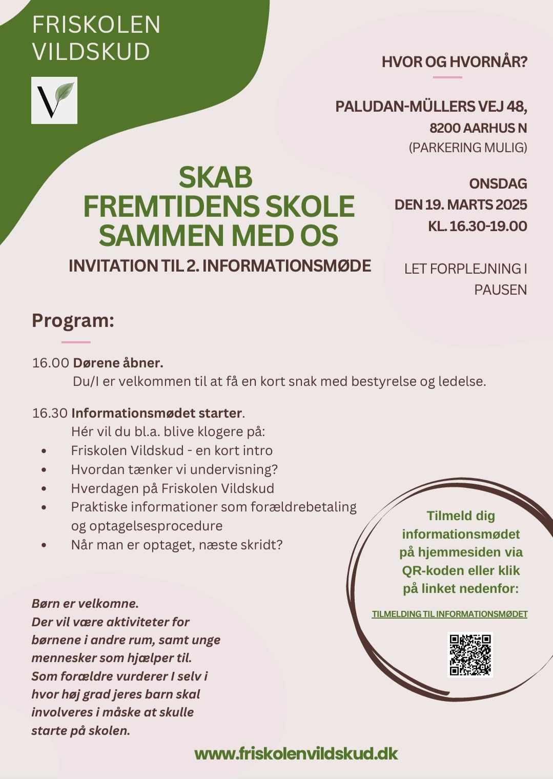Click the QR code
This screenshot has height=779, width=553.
(470, 654)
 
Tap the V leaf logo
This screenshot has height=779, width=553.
(54, 100)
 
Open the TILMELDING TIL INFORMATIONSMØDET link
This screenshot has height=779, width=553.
(449, 614)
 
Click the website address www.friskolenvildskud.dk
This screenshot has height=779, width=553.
(296, 753)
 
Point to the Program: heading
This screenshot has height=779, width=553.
(73, 321)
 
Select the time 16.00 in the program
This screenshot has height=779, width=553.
(50, 363)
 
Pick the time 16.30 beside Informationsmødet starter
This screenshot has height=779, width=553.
(50, 413)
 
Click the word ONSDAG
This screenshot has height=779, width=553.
(498, 183)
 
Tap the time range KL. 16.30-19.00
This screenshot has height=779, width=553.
(477, 226)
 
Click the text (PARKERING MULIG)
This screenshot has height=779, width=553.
(467, 148)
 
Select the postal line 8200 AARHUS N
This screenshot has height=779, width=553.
(478, 128)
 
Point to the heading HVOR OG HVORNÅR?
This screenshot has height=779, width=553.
(454, 63)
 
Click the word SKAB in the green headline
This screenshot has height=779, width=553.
(216, 177)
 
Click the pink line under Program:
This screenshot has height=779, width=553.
(76, 342)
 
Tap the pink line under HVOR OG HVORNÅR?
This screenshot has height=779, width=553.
(447, 77)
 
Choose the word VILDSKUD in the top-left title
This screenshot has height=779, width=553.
(91, 52)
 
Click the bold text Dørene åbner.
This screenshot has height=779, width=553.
(118, 363)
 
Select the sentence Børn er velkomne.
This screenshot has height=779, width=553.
(85, 603)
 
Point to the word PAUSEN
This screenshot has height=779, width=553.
(500, 290)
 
